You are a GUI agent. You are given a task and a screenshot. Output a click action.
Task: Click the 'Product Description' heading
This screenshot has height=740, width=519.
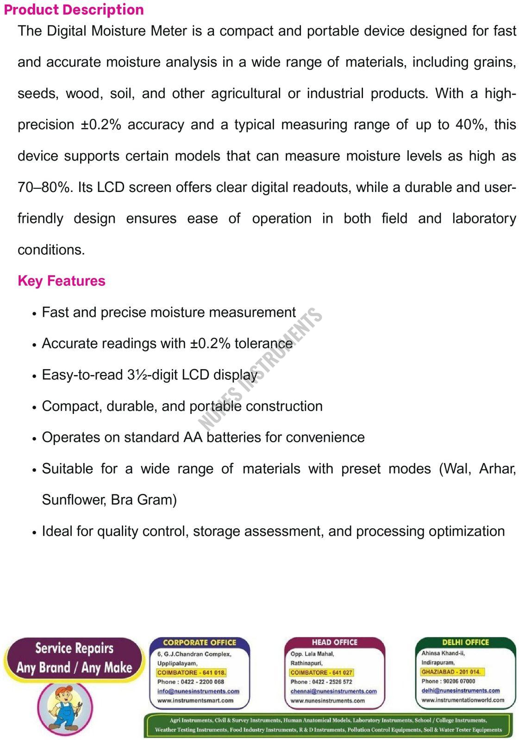point(74,10)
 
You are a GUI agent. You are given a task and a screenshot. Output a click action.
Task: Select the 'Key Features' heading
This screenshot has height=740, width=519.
point(62,281)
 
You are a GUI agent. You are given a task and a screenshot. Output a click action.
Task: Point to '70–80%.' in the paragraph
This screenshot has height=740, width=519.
point(45,187)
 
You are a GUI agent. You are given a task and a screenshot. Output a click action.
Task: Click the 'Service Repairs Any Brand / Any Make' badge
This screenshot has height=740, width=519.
point(74,658)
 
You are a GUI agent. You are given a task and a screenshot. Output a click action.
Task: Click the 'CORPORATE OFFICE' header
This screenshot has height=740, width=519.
point(200,642)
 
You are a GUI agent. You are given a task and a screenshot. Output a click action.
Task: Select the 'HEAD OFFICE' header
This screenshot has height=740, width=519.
point(334,642)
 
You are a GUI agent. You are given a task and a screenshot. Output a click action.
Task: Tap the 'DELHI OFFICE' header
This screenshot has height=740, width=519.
point(465,642)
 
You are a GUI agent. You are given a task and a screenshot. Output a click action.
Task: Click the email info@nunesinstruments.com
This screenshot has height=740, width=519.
point(198,691)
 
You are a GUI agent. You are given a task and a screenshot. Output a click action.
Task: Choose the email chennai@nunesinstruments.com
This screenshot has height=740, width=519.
point(333,691)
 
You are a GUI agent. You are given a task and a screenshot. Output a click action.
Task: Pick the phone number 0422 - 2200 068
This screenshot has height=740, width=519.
point(202,682)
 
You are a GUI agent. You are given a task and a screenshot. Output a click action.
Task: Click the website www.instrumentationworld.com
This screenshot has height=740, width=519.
point(463,700)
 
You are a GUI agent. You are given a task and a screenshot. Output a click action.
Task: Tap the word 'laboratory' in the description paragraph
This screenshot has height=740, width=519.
point(484,219)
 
